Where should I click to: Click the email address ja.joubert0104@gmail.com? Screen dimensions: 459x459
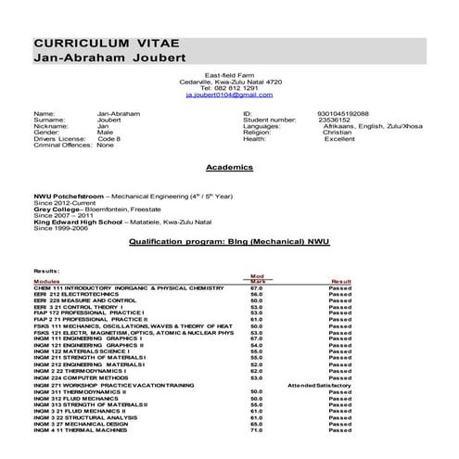[x=229, y=95]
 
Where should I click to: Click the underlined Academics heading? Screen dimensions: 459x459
[x=229, y=168]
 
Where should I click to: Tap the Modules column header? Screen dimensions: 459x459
[x=46, y=280]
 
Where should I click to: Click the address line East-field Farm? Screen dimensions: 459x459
[x=229, y=74]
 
